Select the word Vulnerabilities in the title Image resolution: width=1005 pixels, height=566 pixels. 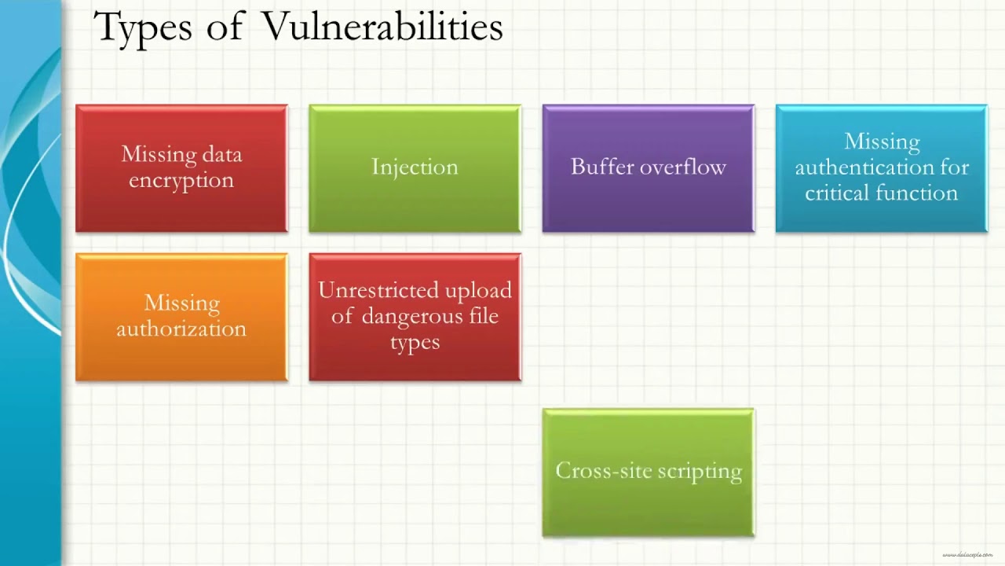click(x=382, y=27)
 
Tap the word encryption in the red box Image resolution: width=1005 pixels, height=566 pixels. click(x=181, y=180)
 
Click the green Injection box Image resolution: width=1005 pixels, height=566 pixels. click(x=415, y=167)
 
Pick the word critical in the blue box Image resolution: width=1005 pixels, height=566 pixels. click(x=837, y=193)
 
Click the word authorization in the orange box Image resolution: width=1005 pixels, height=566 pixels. click(x=181, y=329)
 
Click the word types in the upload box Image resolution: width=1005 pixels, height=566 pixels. click(x=415, y=343)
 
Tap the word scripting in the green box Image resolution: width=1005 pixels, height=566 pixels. click(x=699, y=471)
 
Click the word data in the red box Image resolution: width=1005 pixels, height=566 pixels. click(x=224, y=154)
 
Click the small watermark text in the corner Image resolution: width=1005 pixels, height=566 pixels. click(x=967, y=555)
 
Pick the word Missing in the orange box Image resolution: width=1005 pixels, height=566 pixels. click(x=181, y=303)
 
